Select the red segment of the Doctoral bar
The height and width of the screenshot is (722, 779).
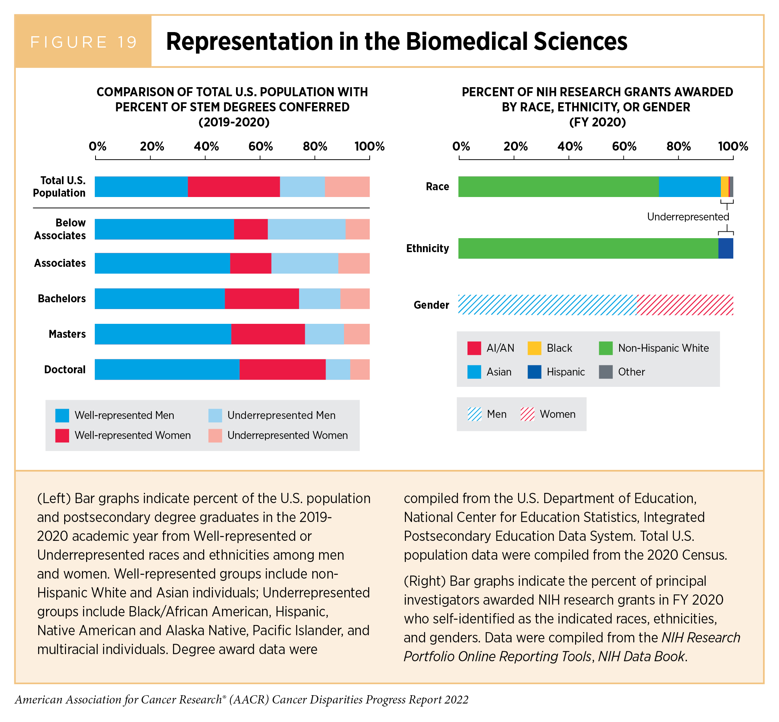[x=282, y=369]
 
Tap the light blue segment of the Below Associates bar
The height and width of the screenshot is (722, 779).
[x=307, y=229]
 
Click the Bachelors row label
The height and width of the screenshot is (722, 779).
[x=62, y=299]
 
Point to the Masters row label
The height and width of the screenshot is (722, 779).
[x=67, y=334]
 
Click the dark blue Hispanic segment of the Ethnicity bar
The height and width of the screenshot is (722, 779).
[x=725, y=248]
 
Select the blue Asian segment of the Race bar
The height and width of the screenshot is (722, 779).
[x=689, y=186]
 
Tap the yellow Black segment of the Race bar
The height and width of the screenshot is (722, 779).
[x=724, y=186]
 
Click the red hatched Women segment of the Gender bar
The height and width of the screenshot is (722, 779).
[x=685, y=305]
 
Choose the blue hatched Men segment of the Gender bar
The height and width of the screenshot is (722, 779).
[x=547, y=305]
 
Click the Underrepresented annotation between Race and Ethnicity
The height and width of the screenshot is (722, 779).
[x=688, y=217]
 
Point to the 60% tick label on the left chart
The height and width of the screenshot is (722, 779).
[x=260, y=146]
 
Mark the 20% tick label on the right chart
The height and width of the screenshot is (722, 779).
[x=515, y=146]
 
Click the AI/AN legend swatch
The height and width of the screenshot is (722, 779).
[x=474, y=348]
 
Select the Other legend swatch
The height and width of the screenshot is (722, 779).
[x=605, y=372]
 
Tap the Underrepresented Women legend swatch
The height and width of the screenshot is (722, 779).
[x=215, y=436]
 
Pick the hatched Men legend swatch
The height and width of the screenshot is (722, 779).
[x=475, y=414]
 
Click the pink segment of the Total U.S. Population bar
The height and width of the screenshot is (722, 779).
[x=347, y=186]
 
